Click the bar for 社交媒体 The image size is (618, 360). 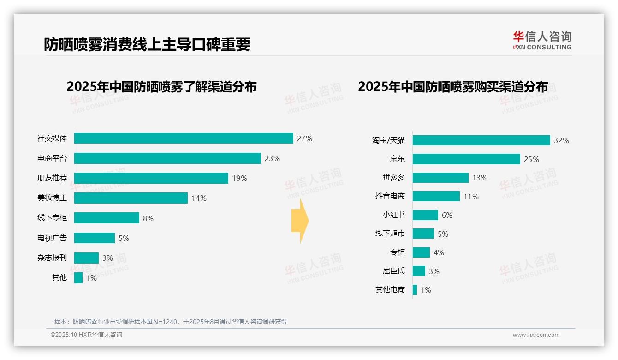coord(184,138)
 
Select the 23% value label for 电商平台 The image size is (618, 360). coord(272,158)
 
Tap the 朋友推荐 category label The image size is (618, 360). coord(52,178)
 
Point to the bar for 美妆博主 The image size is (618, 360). coord(131,198)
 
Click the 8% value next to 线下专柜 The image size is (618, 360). coord(148,218)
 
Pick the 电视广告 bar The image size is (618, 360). coord(95,238)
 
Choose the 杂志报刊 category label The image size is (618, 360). coord(52,258)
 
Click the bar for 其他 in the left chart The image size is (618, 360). coord(78,278)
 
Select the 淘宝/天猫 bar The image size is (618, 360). coord(481,140)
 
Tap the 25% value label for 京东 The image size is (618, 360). coord(531,159)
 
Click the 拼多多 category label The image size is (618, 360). coord(393,178)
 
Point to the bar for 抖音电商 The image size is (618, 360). coord(436,196)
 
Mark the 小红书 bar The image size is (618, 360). coord(425,215)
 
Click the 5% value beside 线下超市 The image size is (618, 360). coord(443,234)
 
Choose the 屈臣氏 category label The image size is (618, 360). coord(393,271)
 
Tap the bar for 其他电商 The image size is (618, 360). coord(415,290)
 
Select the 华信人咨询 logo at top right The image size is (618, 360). coord(542,40)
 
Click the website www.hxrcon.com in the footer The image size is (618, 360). coord(535,335)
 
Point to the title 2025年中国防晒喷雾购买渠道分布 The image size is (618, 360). coord(453,87)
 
